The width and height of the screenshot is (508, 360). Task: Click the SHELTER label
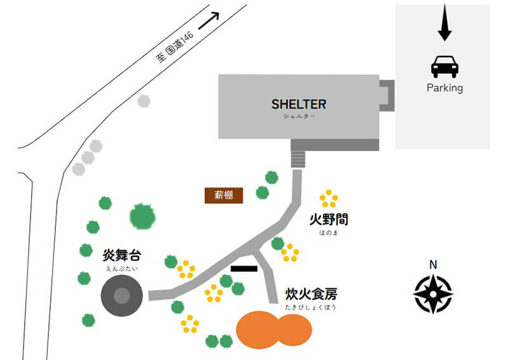click(298, 103)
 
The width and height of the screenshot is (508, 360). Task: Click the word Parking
click(444, 88)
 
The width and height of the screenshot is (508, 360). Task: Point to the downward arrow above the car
click(444, 23)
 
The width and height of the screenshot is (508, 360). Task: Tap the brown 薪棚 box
click(224, 196)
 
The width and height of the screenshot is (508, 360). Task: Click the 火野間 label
click(328, 220)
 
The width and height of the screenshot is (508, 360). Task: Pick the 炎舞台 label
click(121, 256)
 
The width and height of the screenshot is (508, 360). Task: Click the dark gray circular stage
click(121, 297)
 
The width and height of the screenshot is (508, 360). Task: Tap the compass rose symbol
click(433, 294)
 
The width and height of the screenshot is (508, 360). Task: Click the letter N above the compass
click(433, 265)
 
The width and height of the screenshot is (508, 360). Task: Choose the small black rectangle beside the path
click(244, 269)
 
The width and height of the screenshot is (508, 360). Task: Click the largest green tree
click(142, 217)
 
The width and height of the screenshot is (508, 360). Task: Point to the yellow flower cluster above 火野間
click(328, 199)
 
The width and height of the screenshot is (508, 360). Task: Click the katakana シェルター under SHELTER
click(298, 116)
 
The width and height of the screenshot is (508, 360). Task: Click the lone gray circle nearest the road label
click(144, 100)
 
